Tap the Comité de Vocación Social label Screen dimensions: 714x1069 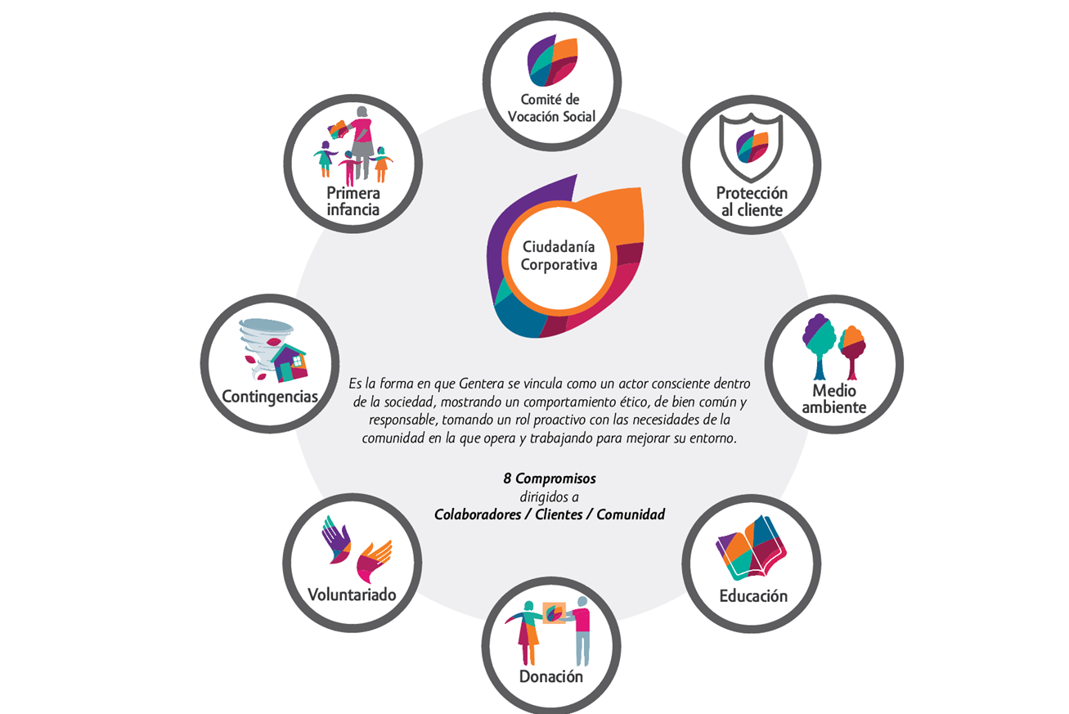[550, 109]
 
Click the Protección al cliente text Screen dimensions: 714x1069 [752, 201]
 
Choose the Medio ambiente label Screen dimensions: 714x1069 [833, 399]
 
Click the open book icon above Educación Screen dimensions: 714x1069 [752, 547]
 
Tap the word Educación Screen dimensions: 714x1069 [752, 595]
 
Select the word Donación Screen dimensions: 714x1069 [551, 677]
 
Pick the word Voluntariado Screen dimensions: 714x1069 [352, 594]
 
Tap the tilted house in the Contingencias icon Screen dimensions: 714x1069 [288, 362]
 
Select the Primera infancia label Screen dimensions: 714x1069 [353, 201]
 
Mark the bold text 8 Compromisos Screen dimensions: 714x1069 [549, 478]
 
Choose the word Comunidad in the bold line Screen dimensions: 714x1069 [631, 514]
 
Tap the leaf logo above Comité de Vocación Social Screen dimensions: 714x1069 [552, 61]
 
